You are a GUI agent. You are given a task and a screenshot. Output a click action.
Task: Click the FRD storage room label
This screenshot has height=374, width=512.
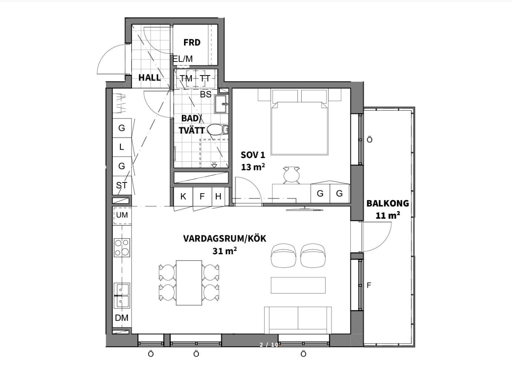[192, 42]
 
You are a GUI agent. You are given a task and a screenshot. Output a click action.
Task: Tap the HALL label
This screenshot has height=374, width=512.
[149, 78]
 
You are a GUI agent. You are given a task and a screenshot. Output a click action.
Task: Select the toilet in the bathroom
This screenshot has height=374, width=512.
[217, 130]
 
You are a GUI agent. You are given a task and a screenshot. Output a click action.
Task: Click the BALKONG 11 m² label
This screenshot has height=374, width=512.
[387, 208]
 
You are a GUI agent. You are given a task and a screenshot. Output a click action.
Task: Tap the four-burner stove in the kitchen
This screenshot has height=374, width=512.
[122, 248]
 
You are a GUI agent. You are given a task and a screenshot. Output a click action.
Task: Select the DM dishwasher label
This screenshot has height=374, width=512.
[121, 318]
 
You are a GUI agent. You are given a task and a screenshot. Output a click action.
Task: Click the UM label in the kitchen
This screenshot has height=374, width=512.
[122, 215]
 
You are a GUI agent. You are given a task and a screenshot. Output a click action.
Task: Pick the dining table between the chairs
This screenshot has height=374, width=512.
[189, 282]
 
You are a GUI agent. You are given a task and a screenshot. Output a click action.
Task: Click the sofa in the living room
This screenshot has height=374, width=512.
[298, 320]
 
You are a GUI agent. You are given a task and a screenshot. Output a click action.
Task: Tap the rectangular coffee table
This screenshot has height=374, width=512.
[298, 285]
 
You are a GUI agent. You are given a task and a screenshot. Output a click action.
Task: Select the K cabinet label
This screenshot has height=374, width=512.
[183, 196]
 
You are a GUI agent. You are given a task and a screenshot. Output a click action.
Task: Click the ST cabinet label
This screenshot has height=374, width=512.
[122, 185]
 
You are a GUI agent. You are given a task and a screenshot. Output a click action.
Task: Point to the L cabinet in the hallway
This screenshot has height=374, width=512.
[122, 147]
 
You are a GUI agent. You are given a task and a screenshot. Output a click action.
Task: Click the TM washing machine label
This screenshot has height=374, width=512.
[186, 78]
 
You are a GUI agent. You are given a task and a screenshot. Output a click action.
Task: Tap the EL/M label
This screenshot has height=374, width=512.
[182, 59]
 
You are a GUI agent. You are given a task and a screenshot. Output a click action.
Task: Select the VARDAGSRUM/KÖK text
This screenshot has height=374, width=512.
[225, 239]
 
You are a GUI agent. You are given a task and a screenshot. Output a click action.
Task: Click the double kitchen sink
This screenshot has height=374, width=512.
[122, 296]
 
